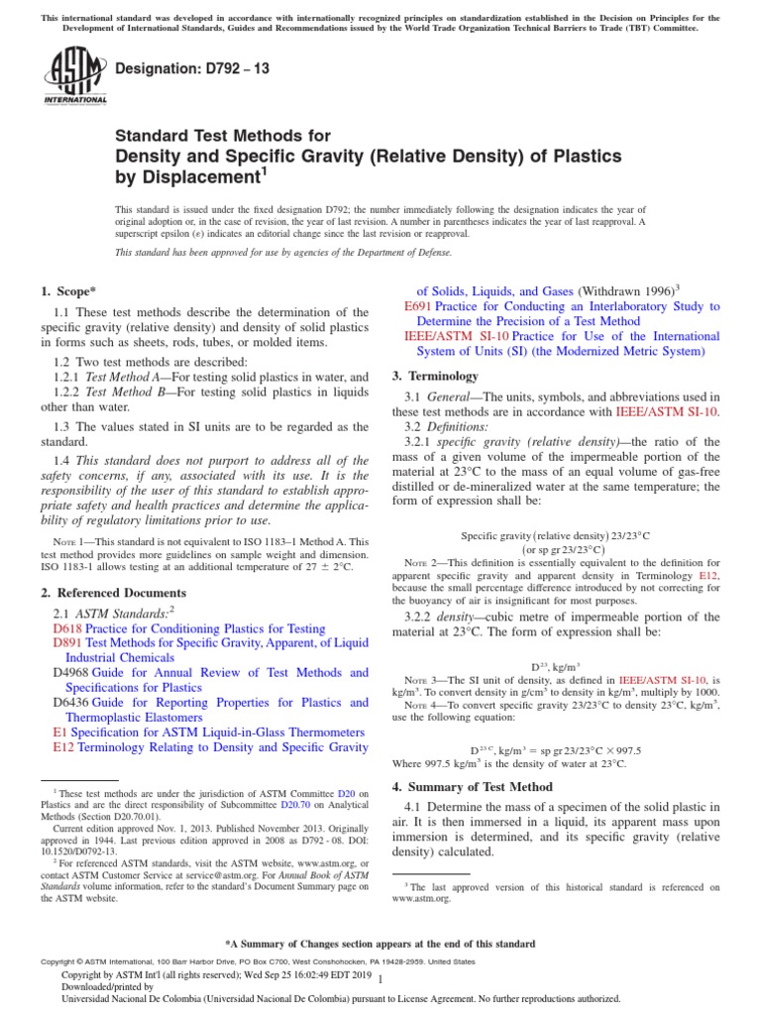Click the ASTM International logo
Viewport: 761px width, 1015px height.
(x=75, y=78)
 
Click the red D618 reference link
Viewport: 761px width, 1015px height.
(x=67, y=628)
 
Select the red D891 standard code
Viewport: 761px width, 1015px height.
(x=67, y=643)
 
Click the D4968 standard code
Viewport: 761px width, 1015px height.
(x=71, y=673)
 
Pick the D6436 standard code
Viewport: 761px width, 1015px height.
(x=71, y=703)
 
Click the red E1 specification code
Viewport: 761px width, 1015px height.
(x=60, y=733)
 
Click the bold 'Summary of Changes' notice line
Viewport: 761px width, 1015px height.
(x=380, y=943)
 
